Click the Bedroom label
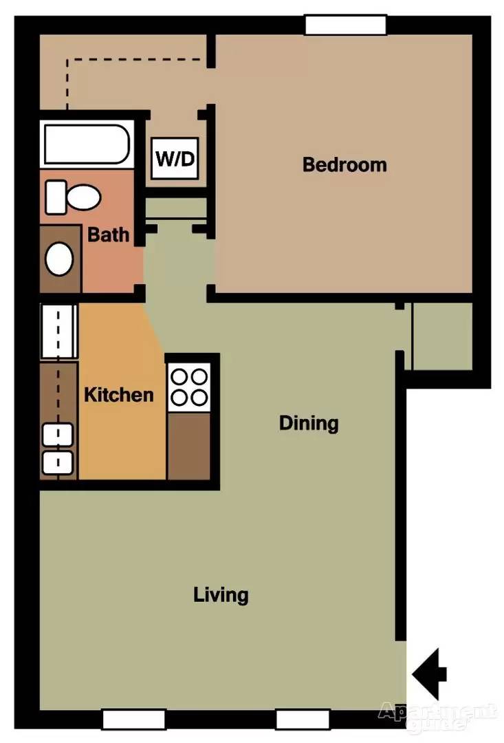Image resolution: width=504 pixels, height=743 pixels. click(x=344, y=164)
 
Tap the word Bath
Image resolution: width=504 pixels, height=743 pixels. click(x=109, y=235)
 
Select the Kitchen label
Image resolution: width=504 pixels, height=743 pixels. click(x=119, y=395)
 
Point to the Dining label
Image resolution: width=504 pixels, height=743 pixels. click(x=309, y=423)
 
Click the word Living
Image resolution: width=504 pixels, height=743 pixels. click(x=221, y=594)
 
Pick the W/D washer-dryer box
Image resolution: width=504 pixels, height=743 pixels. click(x=175, y=158)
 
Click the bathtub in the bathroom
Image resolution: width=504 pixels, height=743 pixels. click(x=87, y=144)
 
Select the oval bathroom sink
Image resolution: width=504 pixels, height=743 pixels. click(x=59, y=259)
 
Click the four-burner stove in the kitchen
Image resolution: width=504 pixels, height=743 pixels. click(x=189, y=387)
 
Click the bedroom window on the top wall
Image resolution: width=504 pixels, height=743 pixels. click(x=346, y=25)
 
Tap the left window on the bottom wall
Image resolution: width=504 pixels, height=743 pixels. click(x=134, y=720)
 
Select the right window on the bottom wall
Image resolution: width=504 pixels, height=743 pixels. click(x=303, y=720)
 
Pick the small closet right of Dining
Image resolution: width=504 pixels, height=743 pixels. click(x=442, y=336)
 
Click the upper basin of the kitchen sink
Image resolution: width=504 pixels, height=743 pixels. click(x=58, y=435)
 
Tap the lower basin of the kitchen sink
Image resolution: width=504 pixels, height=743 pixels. click(x=58, y=463)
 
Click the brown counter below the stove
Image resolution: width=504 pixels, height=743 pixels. click(x=189, y=446)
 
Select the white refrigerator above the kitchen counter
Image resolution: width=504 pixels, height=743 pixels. click(x=58, y=331)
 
